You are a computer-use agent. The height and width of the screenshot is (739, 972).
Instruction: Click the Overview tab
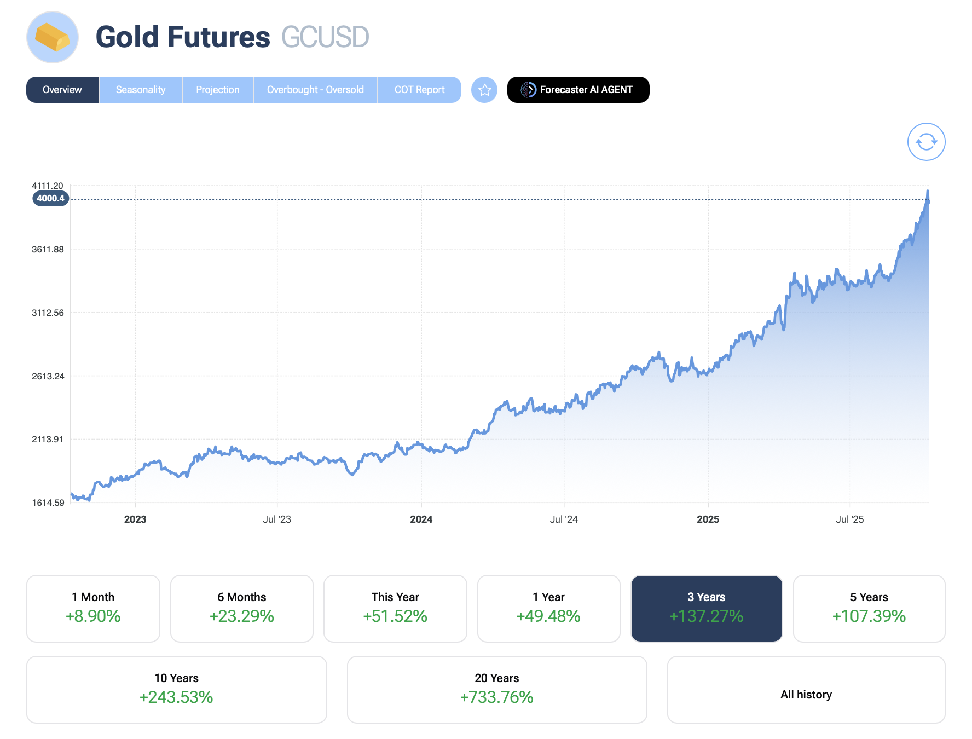[62, 90]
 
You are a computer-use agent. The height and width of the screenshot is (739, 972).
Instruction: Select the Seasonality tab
[141, 90]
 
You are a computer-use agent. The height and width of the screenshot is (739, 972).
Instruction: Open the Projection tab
[218, 90]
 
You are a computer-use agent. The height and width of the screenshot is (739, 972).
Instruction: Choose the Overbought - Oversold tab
[315, 90]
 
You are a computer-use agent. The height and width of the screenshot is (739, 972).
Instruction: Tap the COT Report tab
[419, 90]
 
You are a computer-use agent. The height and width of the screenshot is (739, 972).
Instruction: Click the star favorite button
[484, 90]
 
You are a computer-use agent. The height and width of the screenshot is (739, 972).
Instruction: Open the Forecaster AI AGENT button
[578, 90]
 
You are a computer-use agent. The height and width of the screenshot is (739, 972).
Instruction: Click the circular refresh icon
[926, 142]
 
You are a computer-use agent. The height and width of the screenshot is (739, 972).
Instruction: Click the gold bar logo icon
[53, 37]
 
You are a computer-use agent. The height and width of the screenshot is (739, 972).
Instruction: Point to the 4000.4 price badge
[51, 199]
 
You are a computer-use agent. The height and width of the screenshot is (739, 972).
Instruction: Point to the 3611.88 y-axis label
[48, 250]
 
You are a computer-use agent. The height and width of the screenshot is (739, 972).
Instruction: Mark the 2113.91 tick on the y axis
[48, 440]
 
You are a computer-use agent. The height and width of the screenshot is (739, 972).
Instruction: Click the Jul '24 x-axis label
[564, 519]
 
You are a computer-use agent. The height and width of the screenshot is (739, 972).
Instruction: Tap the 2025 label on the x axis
[708, 519]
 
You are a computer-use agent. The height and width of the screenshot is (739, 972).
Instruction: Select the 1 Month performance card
[93, 608]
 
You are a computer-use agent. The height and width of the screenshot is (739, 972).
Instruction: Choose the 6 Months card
[241, 608]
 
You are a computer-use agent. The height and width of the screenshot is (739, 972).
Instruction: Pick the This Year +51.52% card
[395, 608]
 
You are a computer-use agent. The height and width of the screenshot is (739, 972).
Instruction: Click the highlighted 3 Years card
[707, 608]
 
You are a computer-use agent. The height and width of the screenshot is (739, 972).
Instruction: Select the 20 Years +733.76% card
[497, 689]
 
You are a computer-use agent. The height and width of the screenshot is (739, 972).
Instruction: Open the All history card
[806, 689]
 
